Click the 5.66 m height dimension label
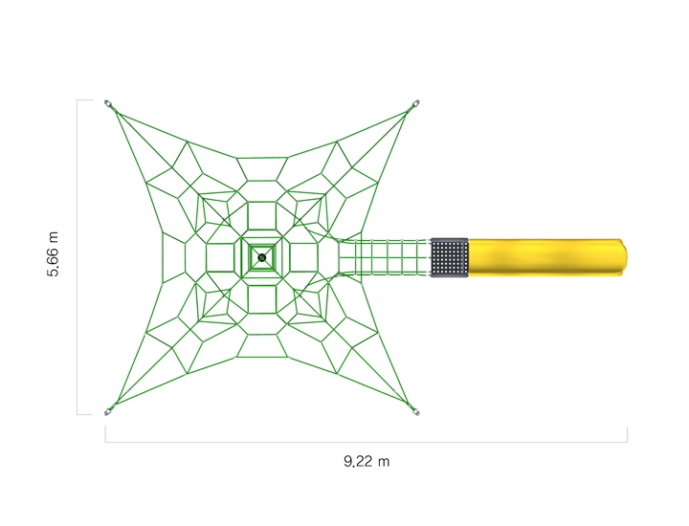point(53,254)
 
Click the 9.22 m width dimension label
point(367,462)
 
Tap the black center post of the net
point(262,257)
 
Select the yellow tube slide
point(547,257)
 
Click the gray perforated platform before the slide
point(449,257)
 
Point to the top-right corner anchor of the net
point(414,104)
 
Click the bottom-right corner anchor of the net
point(414,411)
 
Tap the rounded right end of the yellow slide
point(624,257)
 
